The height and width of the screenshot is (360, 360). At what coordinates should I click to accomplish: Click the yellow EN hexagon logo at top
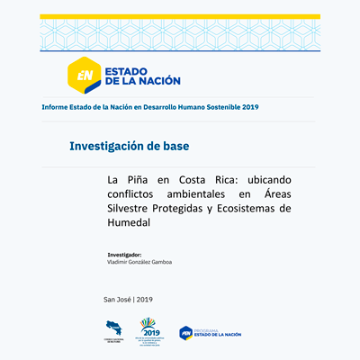point(86,75)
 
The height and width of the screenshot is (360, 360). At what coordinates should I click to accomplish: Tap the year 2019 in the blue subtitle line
point(247,107)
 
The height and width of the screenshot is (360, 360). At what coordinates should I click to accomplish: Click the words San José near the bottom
point(117,298)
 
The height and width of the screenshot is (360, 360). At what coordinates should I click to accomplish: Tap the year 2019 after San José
point(145,298)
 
